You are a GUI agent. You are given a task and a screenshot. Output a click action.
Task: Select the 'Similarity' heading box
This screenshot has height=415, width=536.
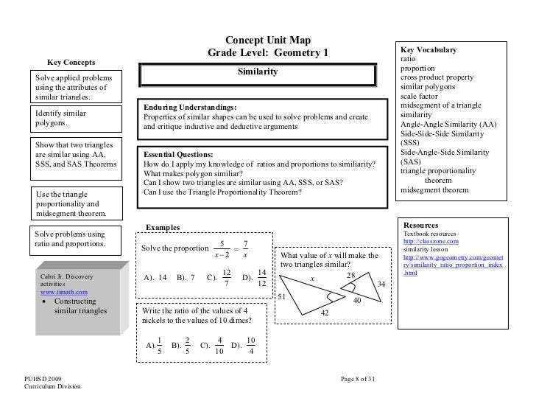click(x=257, y=74)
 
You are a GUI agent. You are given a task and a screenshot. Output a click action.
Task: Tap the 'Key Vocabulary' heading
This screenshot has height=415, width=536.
click(x=428, y=49)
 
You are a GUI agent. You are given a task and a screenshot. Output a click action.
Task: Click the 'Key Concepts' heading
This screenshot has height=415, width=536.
click(x=73, y=62)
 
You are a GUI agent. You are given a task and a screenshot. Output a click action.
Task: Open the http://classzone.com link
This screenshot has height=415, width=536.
click(x=431, y=241)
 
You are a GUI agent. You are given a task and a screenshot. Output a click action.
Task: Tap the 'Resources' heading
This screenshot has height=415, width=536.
click(x=420, y=225)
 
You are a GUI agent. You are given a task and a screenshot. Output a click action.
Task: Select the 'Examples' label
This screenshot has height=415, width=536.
click(x=163, y=228)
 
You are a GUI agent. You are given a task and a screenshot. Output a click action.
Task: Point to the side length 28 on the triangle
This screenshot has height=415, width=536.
click(x=350, y=275)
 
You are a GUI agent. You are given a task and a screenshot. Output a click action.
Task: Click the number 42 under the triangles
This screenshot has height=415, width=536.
click(x=325, y=313)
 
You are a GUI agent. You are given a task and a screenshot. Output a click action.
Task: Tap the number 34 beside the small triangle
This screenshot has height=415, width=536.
click(x=381, y=285)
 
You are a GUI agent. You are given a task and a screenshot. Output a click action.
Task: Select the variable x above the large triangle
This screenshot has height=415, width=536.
click(x=311, y=279)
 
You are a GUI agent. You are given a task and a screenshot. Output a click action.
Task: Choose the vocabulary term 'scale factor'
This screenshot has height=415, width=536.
click(x=419, y=97)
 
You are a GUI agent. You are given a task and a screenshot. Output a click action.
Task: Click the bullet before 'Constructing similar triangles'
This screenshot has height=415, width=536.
click(x=46, y=302)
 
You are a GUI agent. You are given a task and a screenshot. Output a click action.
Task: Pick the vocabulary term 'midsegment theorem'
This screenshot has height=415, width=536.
click(x=434, y=189)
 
